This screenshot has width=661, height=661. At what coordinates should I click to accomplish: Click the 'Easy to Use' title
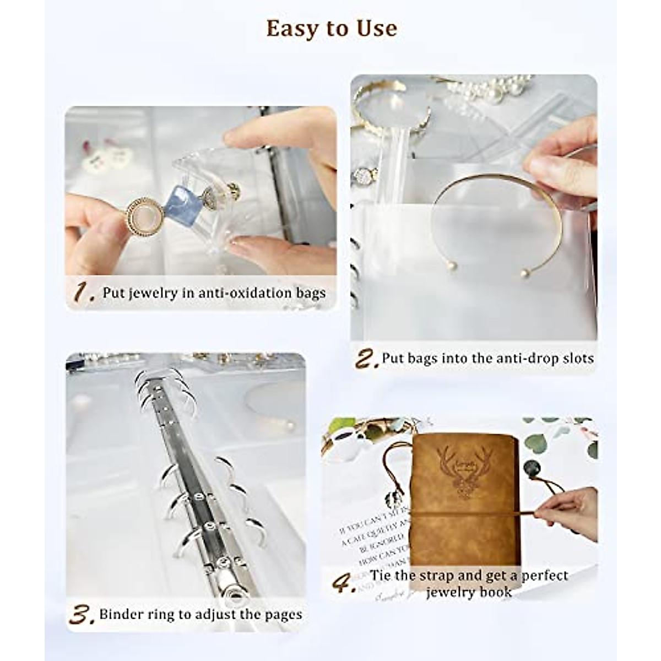point(331,29)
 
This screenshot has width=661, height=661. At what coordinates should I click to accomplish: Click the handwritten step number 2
point(366,359)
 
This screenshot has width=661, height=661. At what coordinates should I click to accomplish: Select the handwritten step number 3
point(82,615)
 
